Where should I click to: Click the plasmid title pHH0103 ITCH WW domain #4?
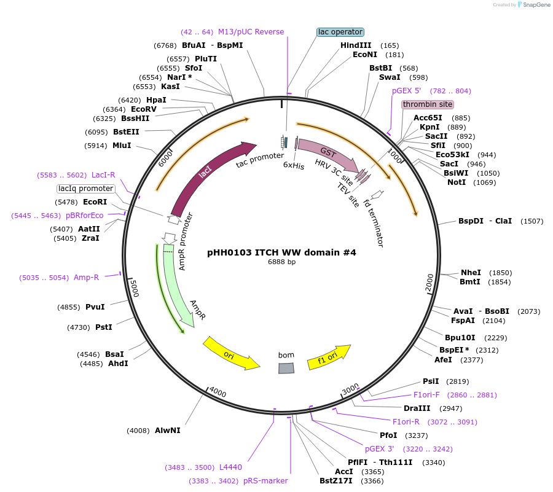pos(281,252)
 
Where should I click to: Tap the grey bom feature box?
pos(286,367)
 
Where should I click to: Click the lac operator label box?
pos(340,32)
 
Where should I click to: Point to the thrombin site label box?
pos(427,104)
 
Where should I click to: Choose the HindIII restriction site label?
pos(356,45)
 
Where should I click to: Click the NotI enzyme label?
pos(456,182)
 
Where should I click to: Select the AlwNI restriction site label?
pos(168,431)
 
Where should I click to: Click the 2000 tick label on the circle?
pos(429,284)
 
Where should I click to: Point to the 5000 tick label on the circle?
pos(136,288)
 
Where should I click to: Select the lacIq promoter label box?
pos(86,189)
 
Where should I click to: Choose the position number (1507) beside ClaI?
pos(531,221)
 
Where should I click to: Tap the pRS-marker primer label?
pos(265,481)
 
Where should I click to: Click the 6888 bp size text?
pos(281,262)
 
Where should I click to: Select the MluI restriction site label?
pos(122,146)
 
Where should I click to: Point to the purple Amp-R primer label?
pos(86,278)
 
